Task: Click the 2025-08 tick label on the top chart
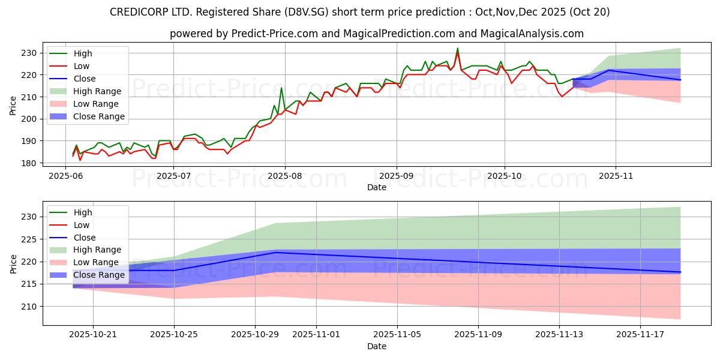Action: click(x=284, y=176)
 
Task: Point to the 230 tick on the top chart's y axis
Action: click(x=30, y=53)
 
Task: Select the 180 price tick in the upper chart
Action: click(x=30, y=163)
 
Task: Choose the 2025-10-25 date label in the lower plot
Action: click(x=174, y=334)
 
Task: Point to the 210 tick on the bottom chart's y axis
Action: click(x=30, y=307)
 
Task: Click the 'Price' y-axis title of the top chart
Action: click(x=13, y=106)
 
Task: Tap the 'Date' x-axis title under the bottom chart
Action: click(x=376, y=346)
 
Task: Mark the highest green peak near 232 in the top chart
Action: click(x=457, y=49)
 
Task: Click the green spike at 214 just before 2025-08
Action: click(x=281, y=88)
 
